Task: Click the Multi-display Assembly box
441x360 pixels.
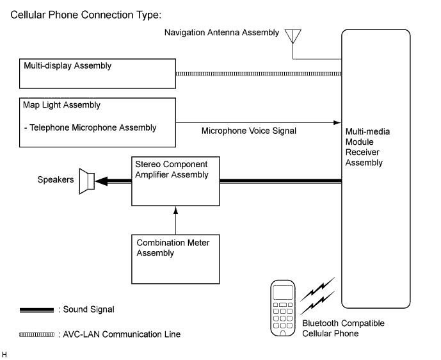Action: [x=97, y=74]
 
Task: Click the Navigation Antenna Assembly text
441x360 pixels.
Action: [x=221, y=32]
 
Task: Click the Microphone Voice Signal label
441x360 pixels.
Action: [x=249, y=131]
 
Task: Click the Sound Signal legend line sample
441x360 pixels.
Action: [x=37, y=309]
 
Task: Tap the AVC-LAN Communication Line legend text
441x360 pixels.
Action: [x=122, y=334]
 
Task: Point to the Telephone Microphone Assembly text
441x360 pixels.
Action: [x=90, y=127]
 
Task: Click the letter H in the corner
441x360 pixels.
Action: [x=5, y=354]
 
